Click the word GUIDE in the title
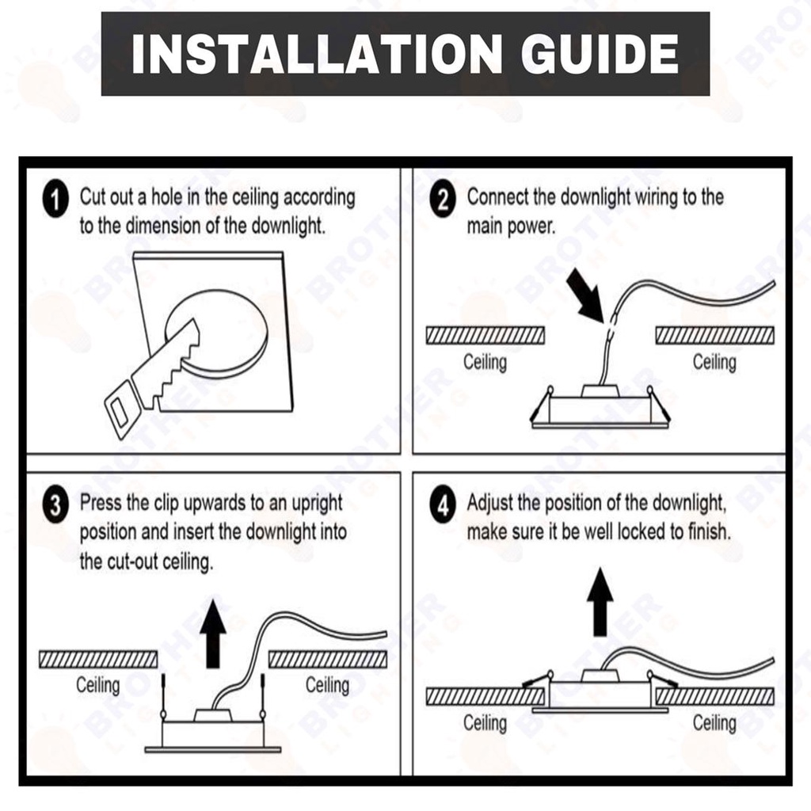(600, 55)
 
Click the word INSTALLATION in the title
(316, 55)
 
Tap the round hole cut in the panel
(216, 333)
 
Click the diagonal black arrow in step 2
(586, 296)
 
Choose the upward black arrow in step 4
(600, 602)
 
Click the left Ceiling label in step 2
(485, 361)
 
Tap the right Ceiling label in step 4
(714, 722)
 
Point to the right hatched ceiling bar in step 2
(715, 335)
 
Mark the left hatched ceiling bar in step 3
(98, 659)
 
